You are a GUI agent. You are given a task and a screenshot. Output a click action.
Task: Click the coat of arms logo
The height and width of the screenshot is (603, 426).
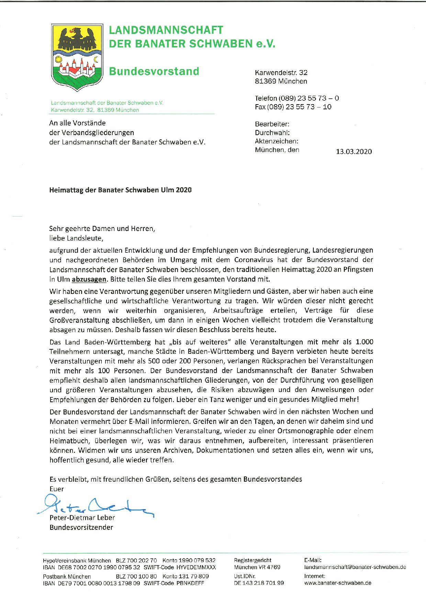point(77,57)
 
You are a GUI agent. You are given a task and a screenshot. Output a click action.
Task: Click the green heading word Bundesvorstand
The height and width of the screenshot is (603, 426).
point(154,72)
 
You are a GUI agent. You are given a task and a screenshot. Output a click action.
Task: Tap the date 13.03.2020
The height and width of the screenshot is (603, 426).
point(354,152)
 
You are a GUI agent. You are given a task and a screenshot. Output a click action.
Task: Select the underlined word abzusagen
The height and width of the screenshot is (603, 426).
point(89,279)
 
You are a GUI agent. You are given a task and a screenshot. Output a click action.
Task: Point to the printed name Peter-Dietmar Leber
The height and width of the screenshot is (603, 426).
point(82,518)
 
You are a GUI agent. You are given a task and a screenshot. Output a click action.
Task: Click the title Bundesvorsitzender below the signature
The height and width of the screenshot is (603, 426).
point(81,527)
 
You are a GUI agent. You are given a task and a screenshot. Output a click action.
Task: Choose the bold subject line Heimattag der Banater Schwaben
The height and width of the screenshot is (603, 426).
point(120,190)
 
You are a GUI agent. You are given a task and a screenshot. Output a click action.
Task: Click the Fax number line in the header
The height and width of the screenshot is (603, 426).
point(293,107)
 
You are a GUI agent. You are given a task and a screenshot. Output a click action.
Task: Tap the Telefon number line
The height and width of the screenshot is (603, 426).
point(296,98)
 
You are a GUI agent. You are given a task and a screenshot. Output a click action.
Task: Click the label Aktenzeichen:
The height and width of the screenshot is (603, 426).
point(276,141)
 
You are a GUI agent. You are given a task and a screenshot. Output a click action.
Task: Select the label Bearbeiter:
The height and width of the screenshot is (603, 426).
point(272,124)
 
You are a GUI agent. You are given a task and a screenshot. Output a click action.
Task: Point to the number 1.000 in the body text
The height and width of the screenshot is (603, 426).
point(364,342)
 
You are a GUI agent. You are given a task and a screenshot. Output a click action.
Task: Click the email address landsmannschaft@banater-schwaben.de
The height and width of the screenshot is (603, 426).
point(355,567)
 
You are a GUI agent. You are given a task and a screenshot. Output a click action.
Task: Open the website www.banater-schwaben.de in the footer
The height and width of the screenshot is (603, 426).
point(338,583)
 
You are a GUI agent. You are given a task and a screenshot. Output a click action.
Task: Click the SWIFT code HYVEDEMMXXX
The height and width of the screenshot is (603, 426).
point(196,567)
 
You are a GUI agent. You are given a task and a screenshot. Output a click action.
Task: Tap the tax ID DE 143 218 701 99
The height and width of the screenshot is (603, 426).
point(259,583)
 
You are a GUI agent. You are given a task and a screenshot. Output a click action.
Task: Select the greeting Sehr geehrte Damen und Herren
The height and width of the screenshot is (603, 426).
point(102,229)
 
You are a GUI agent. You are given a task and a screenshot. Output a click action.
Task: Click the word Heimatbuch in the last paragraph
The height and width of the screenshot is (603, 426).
point(67,441)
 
